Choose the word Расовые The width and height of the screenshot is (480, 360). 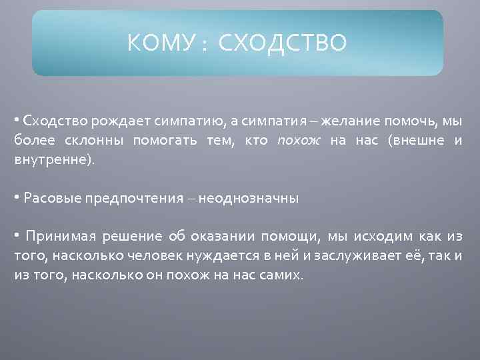tap(47, 198)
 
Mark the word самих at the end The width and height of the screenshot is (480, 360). tap(283, 275)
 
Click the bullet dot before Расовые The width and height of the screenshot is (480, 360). tap(17, 198)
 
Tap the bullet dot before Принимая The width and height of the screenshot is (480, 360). tap(17, 236)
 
